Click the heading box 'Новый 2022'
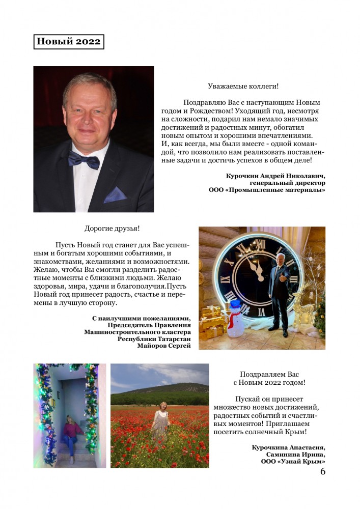69,42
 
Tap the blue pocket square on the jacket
116,194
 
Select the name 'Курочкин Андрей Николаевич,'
275,176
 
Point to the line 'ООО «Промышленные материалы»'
267,190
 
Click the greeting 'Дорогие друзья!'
112,229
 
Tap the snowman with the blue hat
235,320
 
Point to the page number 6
323,471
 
